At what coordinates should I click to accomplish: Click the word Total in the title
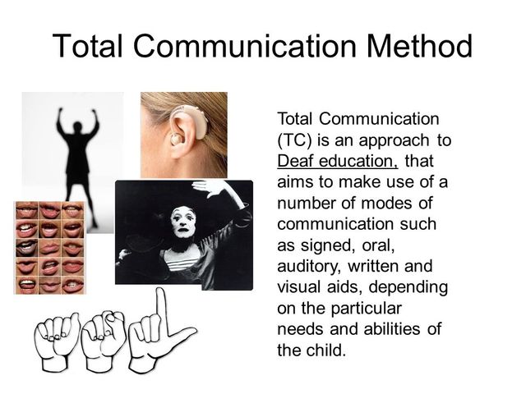click(x=90, y=46)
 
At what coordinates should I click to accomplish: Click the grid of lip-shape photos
click(x=49, y=247)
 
